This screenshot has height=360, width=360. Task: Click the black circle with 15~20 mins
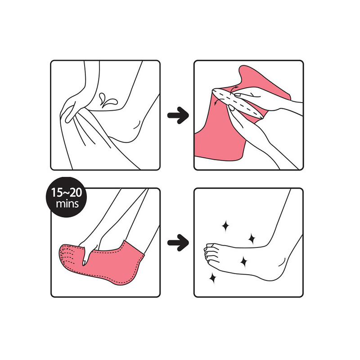67,197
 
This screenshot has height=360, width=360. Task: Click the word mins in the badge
67,204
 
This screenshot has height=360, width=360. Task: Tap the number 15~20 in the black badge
67,193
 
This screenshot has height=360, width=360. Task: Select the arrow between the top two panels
178,115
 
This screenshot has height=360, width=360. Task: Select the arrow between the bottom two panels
178,243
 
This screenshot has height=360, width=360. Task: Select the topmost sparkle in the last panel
225,226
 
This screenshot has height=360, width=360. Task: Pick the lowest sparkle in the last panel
213,279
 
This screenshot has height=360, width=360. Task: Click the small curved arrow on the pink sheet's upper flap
234,89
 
